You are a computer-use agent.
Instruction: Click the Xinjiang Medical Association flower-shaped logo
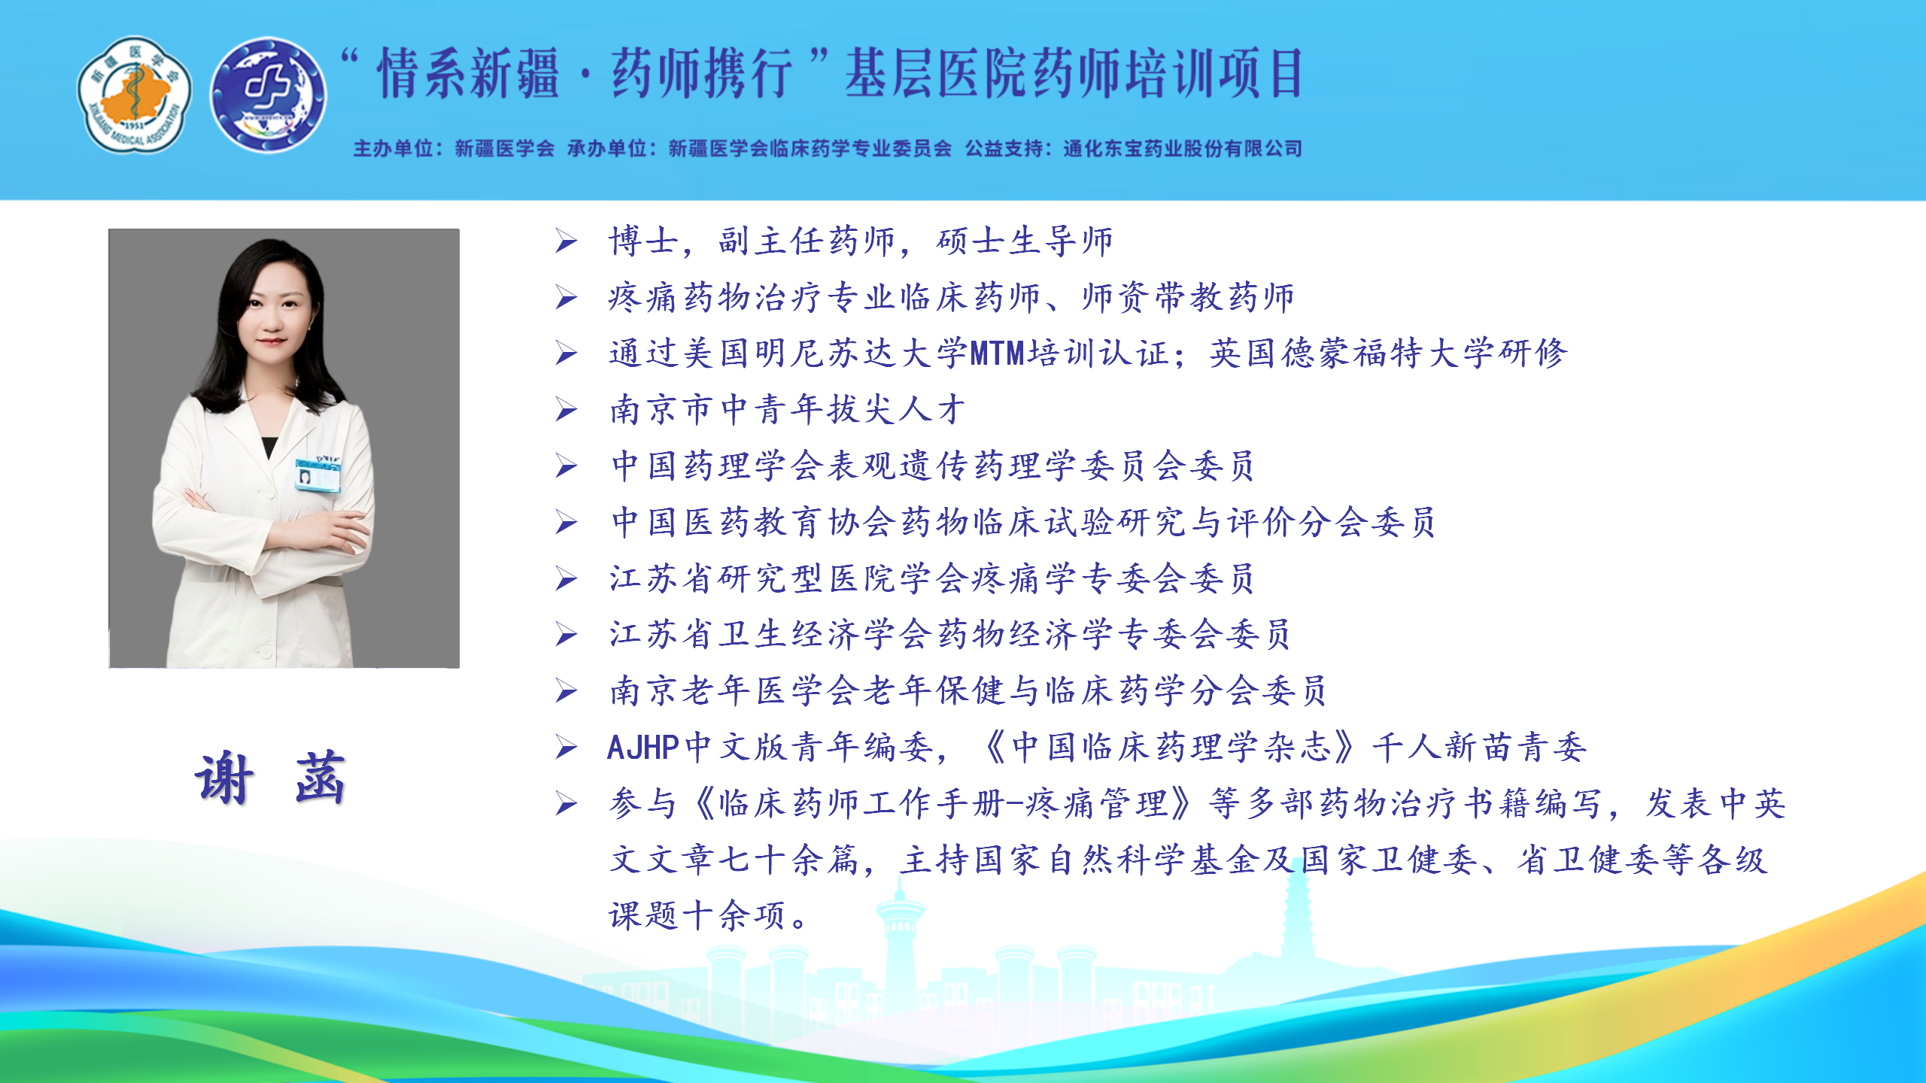[135, 94]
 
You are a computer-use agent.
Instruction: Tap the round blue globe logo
[268, 95]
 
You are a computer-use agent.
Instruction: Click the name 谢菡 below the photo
[270, 778]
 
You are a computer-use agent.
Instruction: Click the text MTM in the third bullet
[998, 353]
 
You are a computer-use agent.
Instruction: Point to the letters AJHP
[643, 748]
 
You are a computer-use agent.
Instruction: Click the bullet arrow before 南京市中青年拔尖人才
[567, 410]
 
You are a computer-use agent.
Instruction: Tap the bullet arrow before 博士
[567, 241]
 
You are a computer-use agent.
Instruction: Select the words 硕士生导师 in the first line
[1025, 241]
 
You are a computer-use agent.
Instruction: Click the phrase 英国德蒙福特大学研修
[1388, 353]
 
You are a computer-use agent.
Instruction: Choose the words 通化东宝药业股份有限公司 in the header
[1183, 148]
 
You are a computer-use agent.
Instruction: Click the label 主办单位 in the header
[393, 148]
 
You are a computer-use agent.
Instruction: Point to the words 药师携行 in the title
[702, 74]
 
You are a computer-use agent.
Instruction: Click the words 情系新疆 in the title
[468, 74]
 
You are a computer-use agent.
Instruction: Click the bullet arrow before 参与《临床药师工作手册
[567, 804]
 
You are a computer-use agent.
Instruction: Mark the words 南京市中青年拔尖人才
[788, 410]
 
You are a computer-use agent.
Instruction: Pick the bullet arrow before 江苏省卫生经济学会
[567, 635]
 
